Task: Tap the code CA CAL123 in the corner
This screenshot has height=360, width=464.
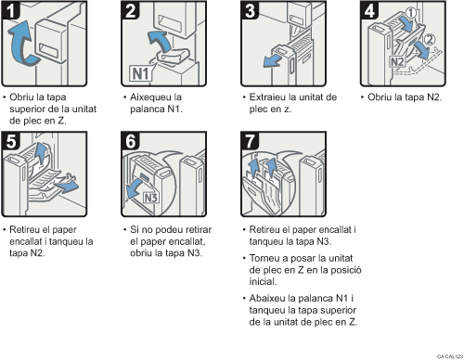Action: [x=446, y=354]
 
